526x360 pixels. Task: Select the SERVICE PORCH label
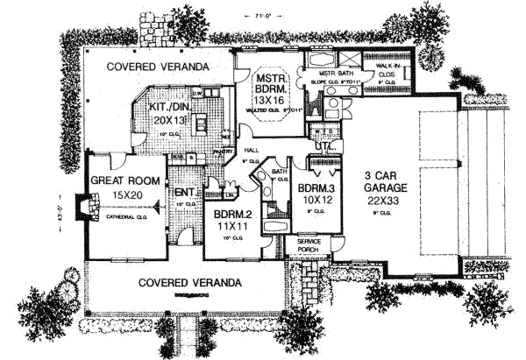pyautogui.click(x=309, y=244)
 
